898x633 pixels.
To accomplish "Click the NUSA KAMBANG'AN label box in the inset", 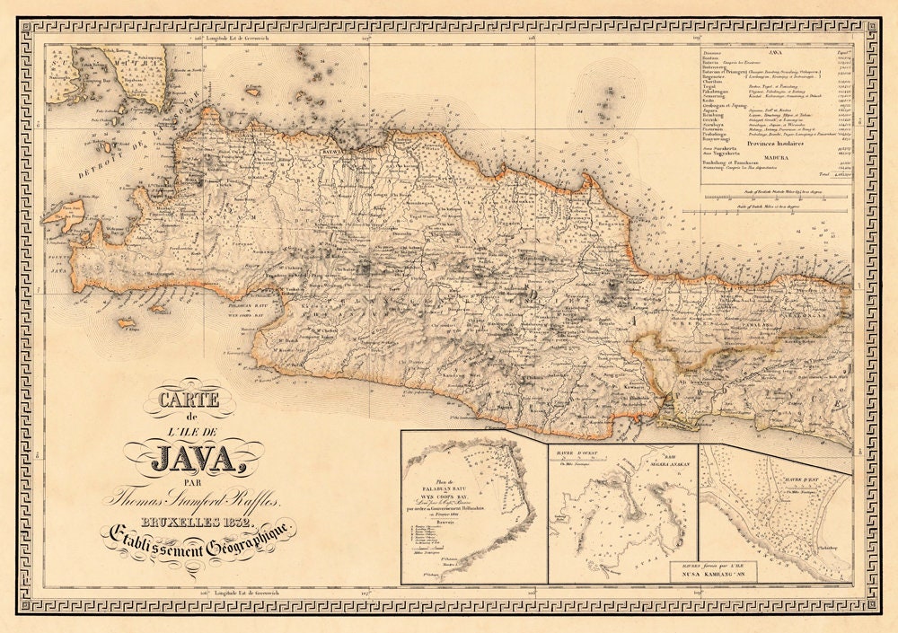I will (x=713, y=572).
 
